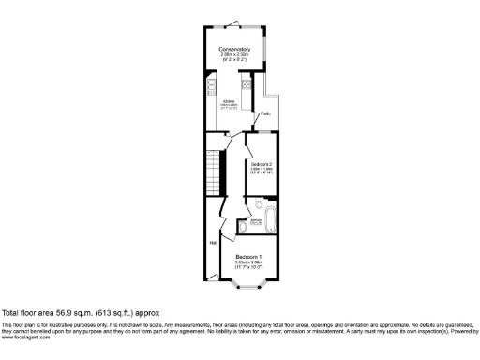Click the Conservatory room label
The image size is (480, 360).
click(234, 49)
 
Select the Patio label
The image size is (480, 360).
click(265, 113)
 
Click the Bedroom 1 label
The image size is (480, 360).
click(248, 256)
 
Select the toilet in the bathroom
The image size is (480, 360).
click(257, 203)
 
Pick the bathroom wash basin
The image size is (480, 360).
click(242, 226)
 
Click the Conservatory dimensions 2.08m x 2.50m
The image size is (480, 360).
click(234, 54)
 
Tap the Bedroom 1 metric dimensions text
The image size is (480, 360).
click(248, 262)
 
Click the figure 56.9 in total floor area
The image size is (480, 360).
click(62, 312)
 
